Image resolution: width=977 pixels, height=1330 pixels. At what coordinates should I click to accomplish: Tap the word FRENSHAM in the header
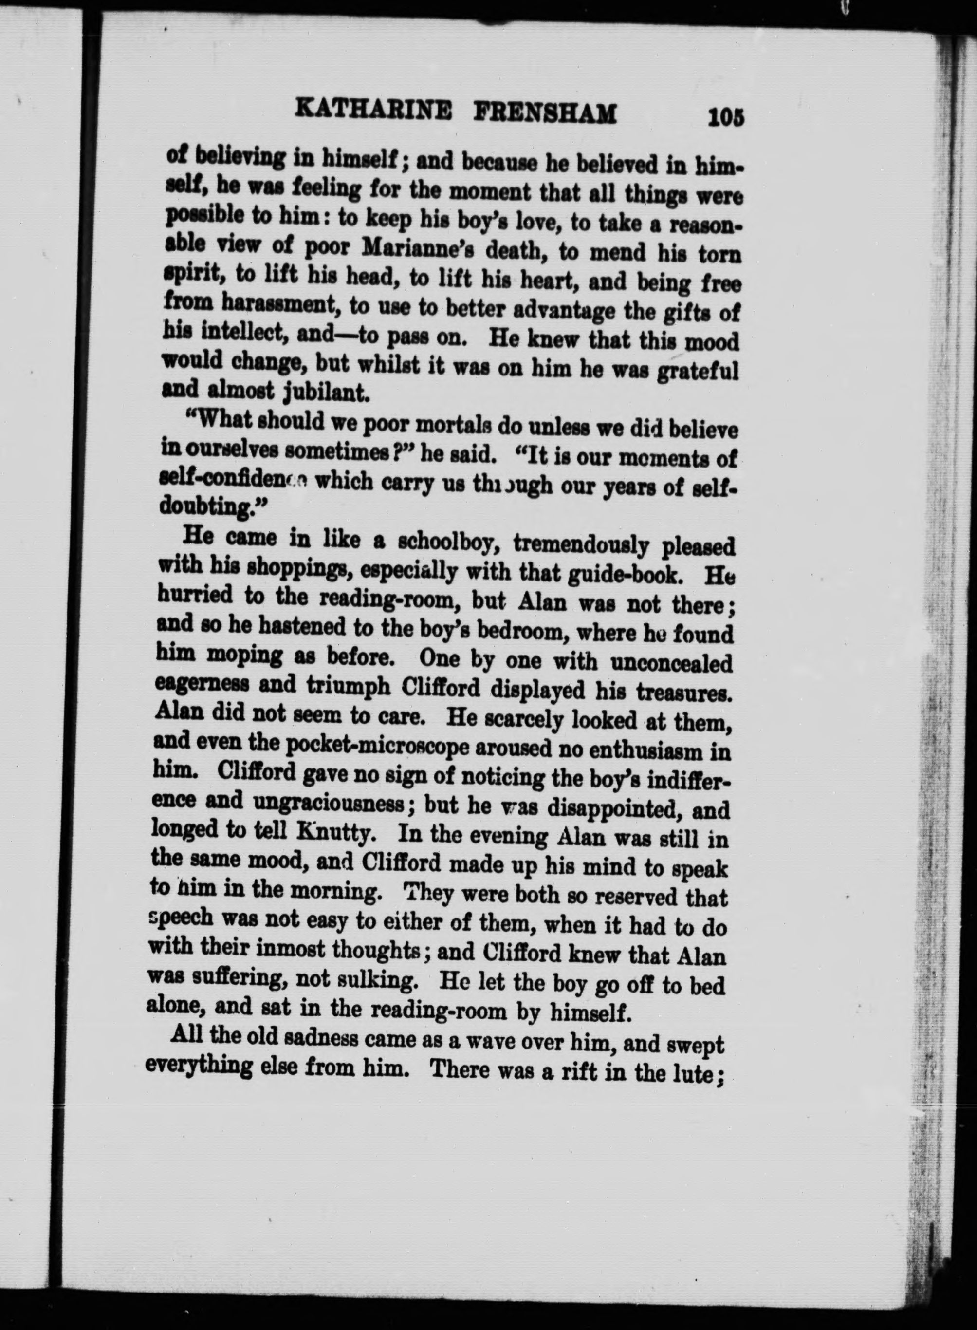[x=546, y=113]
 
